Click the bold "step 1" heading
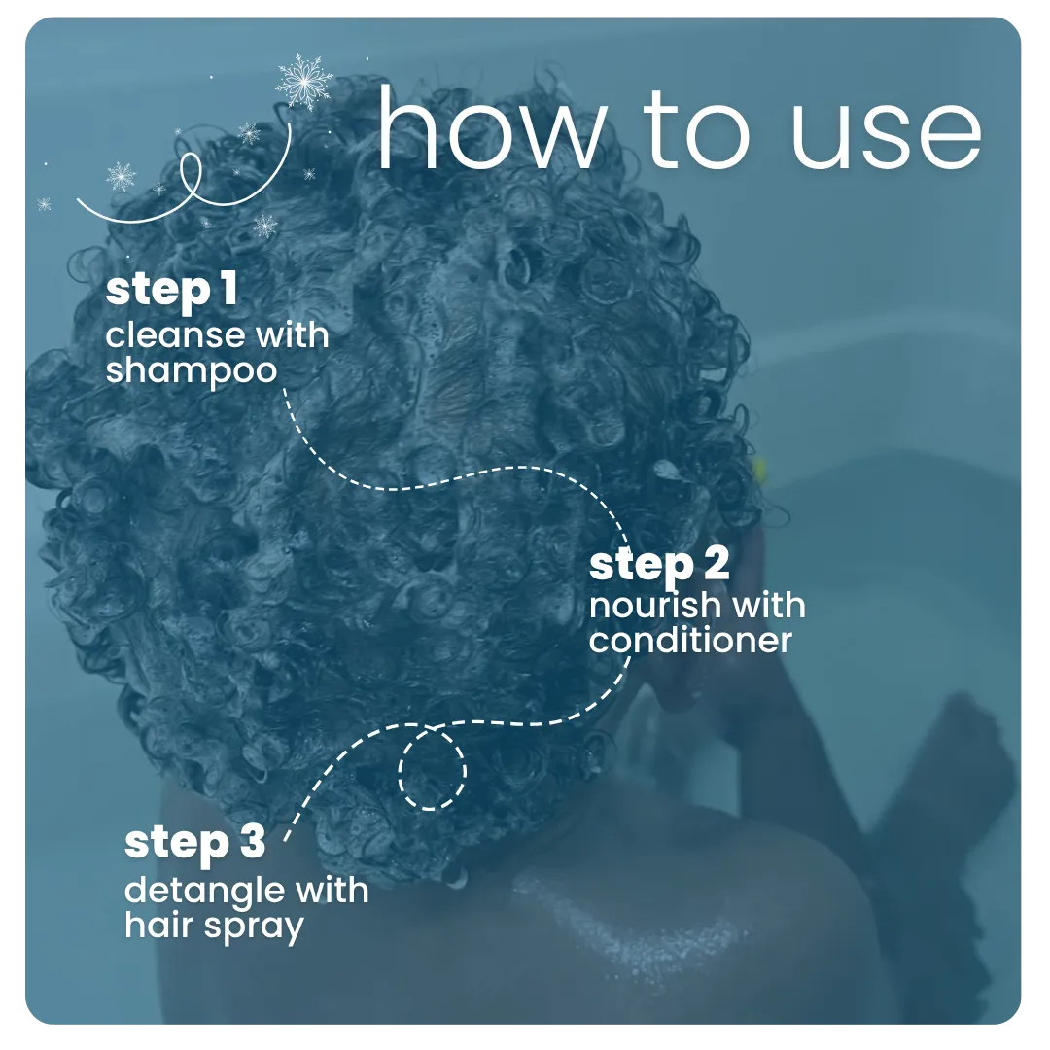tap(172, 292)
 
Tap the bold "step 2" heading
tap(659, 563)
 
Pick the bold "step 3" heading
tap(194, 843)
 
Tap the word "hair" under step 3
tap(160, 924)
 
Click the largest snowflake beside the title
tap(304, 80)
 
